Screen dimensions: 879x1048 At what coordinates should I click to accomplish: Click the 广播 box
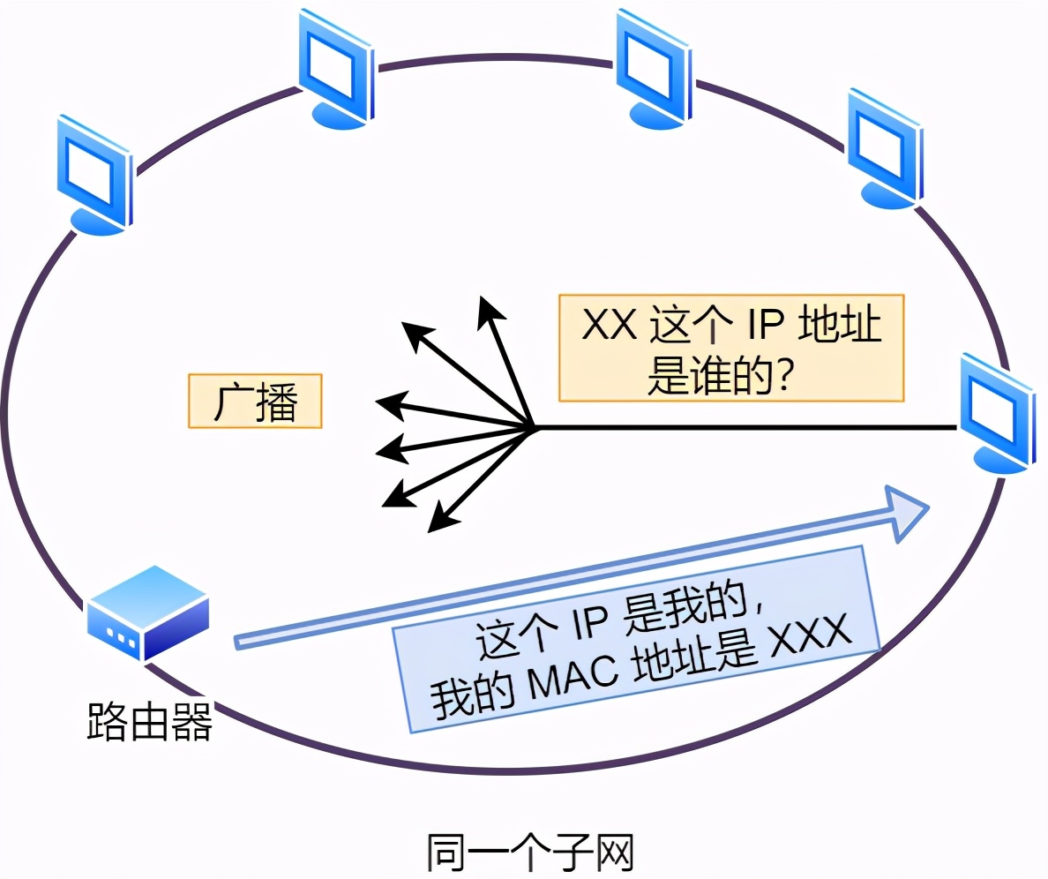[255, 402]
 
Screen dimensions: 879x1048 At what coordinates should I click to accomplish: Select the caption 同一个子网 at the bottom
[529, 853]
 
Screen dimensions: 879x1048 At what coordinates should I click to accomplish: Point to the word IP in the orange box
[758, 326]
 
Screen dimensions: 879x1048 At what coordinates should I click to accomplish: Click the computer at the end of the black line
[996, 410]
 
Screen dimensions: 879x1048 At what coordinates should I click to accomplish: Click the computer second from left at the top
[335, 71]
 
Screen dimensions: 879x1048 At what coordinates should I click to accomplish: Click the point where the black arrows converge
[535, 429]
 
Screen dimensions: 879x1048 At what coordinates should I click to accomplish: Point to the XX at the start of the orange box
[610, 326]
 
